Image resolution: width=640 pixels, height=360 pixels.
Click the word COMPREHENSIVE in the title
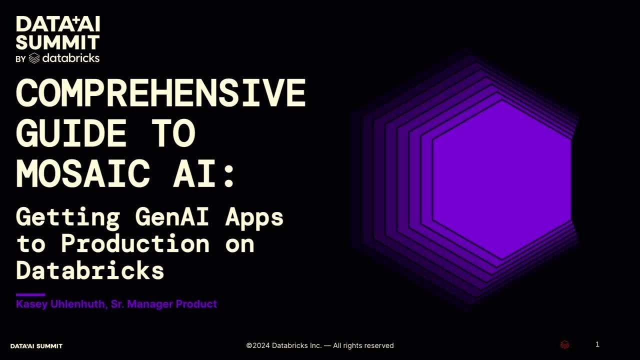coord(160,92)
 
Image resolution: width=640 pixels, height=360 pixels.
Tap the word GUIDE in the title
coord(70,133)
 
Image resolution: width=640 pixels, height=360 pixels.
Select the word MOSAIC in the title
coord(83,174)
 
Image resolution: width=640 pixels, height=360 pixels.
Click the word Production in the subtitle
coord(135,243)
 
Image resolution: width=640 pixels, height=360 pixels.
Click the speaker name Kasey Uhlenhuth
coord(60,304)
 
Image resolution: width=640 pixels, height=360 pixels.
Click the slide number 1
coord(597,344)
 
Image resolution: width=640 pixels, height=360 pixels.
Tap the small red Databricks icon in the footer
coord(564,345)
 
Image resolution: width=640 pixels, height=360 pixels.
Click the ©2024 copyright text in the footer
coord(320,345)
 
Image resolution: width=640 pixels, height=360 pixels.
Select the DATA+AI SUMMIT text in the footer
coord(36,346)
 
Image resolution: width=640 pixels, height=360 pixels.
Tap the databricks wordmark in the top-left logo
coord(70,58)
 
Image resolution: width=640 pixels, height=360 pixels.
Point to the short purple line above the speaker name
coord(30,295)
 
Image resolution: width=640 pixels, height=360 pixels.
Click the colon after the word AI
coord(229,175)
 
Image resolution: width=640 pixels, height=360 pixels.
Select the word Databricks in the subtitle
coord(90,270)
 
